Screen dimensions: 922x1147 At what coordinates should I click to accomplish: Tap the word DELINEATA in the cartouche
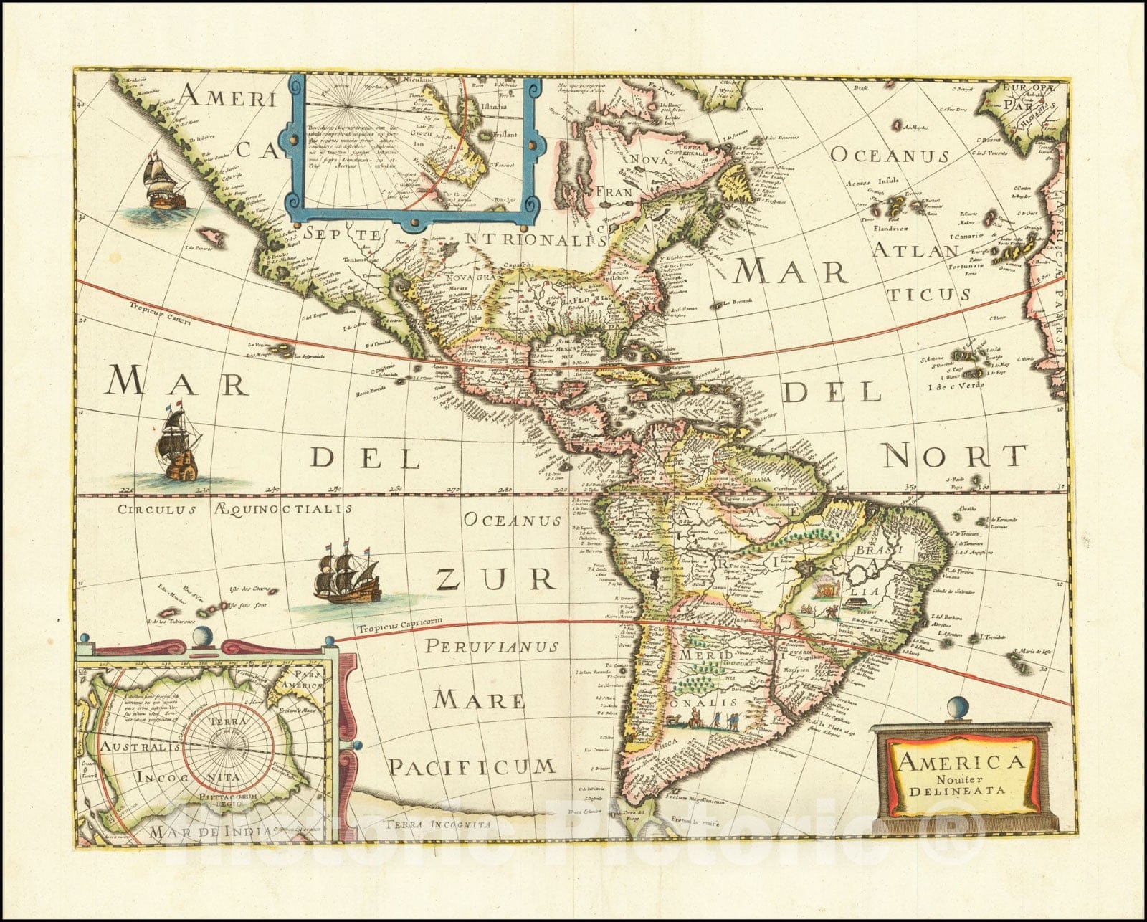(x=958, y=792)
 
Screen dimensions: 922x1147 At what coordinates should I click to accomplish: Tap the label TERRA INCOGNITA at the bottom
(x=437, y=824)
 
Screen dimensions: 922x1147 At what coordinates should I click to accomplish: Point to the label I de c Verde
(x=956, y=386)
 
